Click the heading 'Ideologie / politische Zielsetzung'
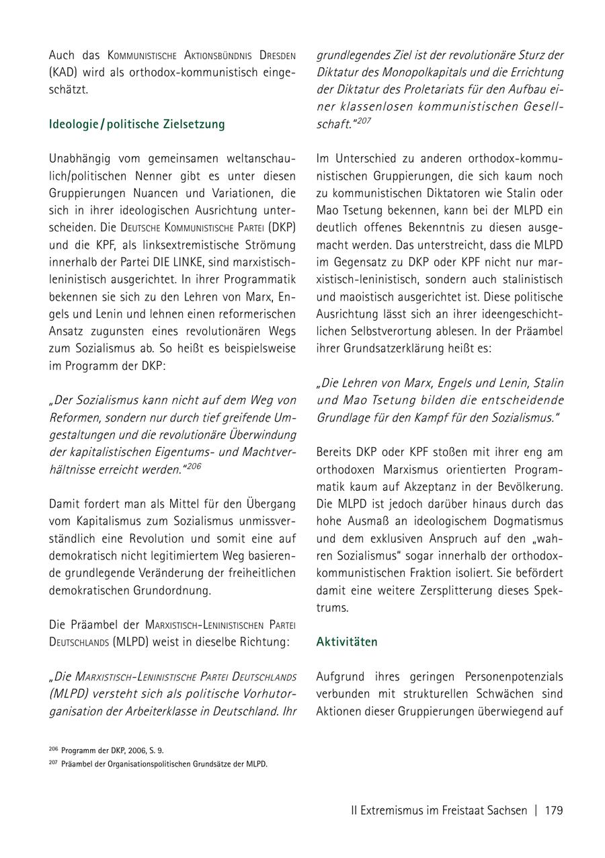point(137,124)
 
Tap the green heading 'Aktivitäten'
point(347,642)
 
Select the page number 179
point(554,810)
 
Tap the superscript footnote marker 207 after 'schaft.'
point(364,121)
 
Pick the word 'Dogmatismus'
point(524,521)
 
